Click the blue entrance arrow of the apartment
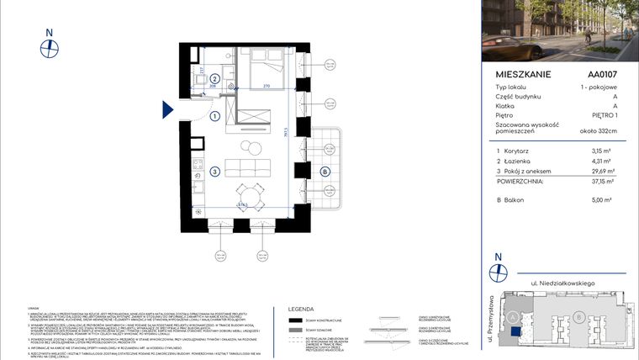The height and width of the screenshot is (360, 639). click(168, 109)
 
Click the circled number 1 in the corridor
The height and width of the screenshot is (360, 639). click(214, 116)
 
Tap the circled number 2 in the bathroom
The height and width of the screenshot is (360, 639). click(214, 78)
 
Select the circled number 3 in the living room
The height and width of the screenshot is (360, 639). click(215, 172)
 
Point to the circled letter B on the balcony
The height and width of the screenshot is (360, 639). click(324, 172)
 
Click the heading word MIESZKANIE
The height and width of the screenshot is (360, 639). click(524, 74)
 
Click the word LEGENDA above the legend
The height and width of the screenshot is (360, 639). click(302, 309)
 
